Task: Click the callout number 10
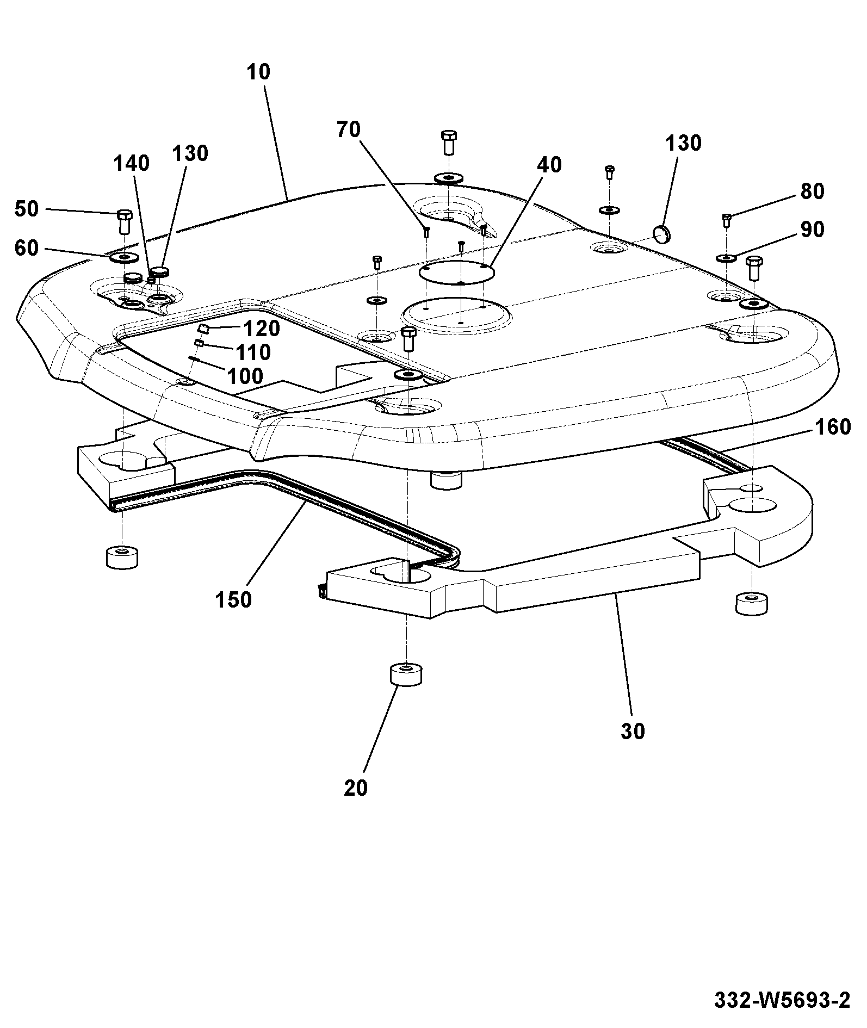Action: [x=258, y=72]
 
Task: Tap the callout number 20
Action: [x=356, y=788]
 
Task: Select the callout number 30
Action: [x=633, y=731]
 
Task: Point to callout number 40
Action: [x=549, y=165]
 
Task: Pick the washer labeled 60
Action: [x=125, y=256]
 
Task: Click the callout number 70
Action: [x=349, y=130]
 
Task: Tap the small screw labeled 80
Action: [x=726, y=220]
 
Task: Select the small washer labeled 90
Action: [x=727, y=257]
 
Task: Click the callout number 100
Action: [x=245, y=376]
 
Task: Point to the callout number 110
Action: [x=254, y=352]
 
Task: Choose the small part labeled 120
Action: [x=205, y=328]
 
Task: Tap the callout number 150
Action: [x=233, y=599]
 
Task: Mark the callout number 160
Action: [x=832, y=427]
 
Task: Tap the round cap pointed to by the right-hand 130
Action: [x=662, y=234]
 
